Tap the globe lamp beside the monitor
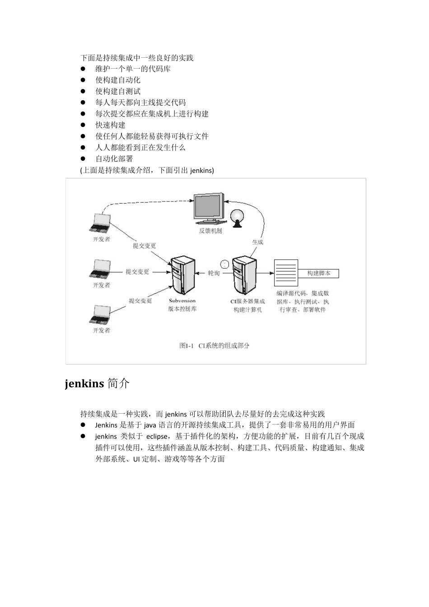pos(237,217)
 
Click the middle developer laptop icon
pos(100,270)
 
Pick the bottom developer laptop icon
pos(100,315)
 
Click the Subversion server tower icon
pos(182,275)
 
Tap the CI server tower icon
pos(245,275)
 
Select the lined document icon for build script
pos(286,273)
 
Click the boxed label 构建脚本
pos(319,273)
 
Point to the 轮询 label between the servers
pos(213,273)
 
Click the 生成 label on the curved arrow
pos(257,242)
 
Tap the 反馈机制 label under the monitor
pos(210,231)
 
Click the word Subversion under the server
pos(182,301)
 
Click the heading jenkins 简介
pos(97,383)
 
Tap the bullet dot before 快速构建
pos(83,125)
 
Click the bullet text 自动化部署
pos(114,159)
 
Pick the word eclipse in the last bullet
pos(157,437)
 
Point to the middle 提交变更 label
pos(137,272)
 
